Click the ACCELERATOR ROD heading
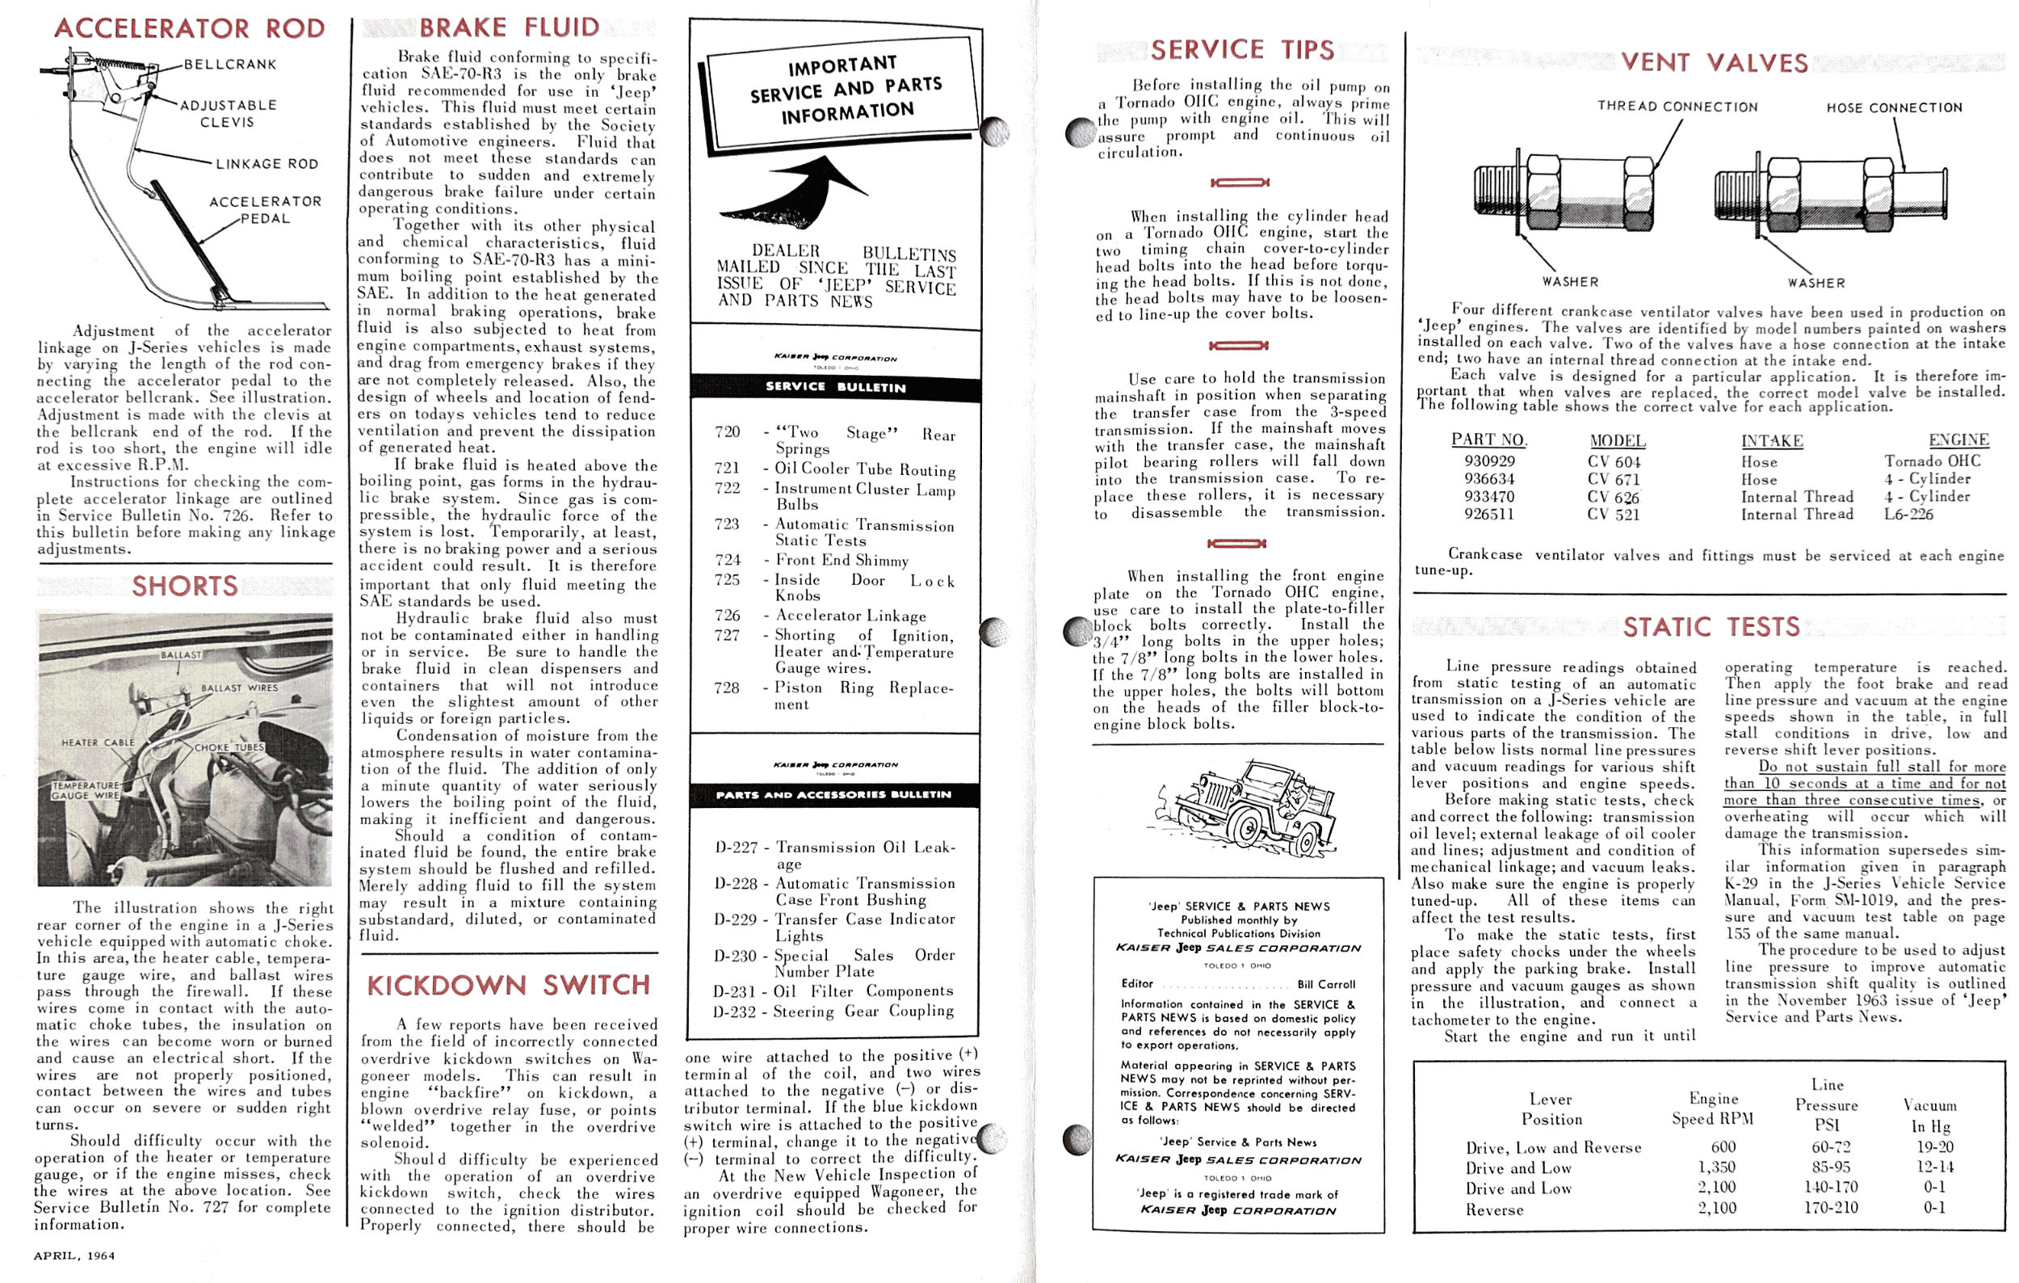click(190, 28)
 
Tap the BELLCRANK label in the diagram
click(229, 65)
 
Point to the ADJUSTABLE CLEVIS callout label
click(227, 113)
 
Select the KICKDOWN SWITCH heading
click(509, 986)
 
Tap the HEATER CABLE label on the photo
click(98, 742)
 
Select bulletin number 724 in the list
click(727, 559)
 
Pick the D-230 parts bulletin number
click(736, 956)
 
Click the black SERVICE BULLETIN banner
click(835, 388)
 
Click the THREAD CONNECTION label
click(1677, 107)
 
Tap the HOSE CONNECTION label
click(1894, 108)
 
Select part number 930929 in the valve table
click(1489, 461)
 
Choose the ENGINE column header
click(1958, 440)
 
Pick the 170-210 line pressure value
click(1830, 1208)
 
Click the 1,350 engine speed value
click(1716, 1167)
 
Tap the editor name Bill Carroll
click(1325, 985)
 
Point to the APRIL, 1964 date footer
click(73, 1256)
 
